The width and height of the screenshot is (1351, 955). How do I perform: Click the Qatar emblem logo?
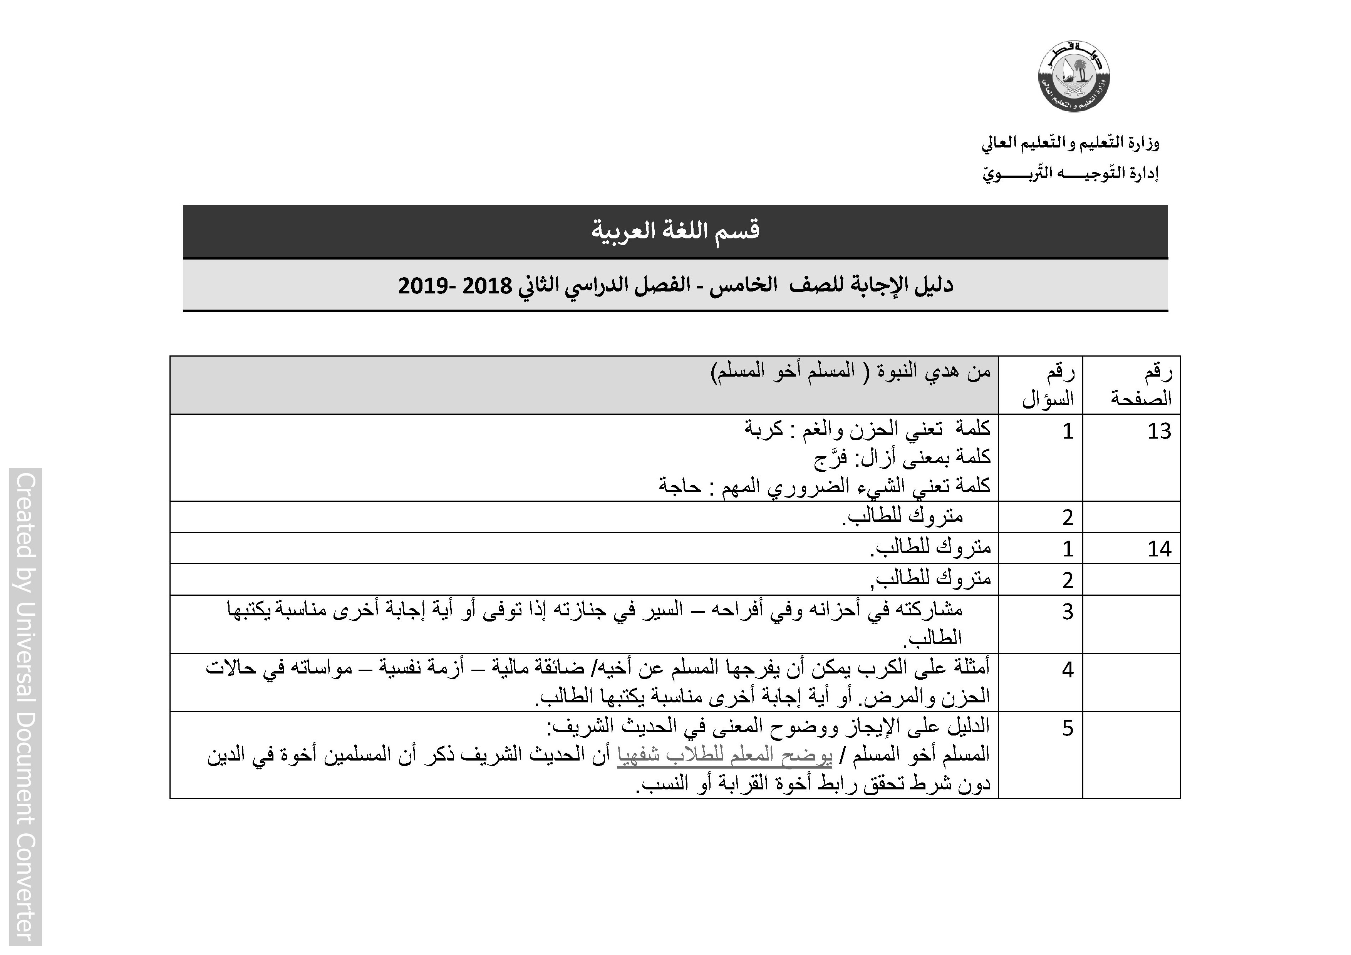[x=1074, y=77]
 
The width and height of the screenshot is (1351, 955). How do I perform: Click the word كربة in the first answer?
[x=763, y=429]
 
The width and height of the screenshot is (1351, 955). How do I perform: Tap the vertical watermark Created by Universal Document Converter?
[x=25, y=706]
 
